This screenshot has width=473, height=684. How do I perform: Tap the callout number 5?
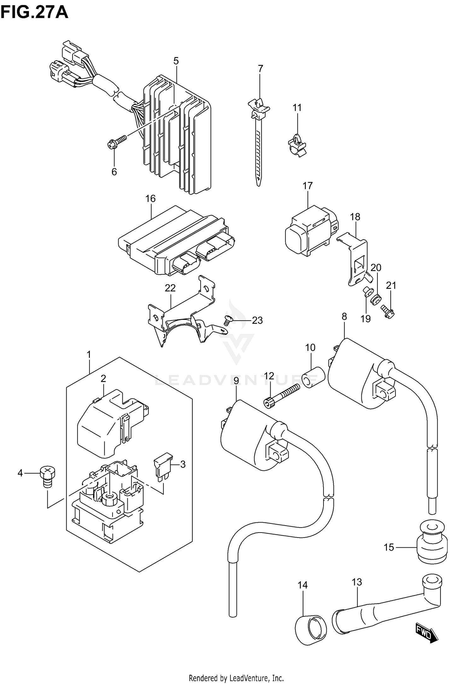[x=176, y=61]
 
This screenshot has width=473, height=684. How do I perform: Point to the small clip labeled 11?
[x=297, y=145]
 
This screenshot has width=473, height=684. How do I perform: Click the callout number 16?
[x=150, y=199]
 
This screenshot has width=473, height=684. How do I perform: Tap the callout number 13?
[x=357, y=582]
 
